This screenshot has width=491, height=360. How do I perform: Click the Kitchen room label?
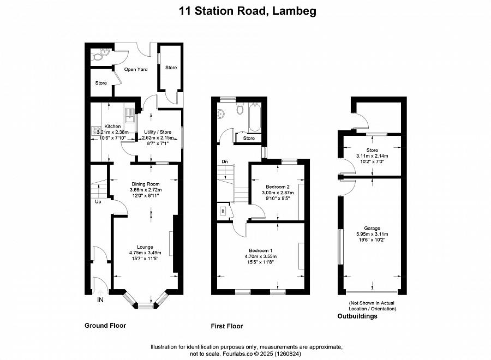click(112, 127)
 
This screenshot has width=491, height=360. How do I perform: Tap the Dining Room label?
click(145, 184)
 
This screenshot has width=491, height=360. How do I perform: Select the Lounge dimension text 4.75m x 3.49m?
click(145, 253)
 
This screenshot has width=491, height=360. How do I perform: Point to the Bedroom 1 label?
click(261, 250)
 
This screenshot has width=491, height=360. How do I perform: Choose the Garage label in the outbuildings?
click(372, 228)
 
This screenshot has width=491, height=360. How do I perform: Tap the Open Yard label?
click(136, 69)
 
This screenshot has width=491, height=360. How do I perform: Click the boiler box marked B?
click(223, 211)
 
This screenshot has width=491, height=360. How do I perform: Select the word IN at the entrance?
click(100, 299)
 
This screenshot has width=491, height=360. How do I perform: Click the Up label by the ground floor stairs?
click(98, 202)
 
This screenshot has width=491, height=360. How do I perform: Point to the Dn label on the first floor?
click(225, 161)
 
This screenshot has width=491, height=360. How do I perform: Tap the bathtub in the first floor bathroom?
click(254, 117)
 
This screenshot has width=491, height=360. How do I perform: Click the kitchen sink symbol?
click(129, 115)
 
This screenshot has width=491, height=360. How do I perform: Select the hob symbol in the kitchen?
click(96, 130)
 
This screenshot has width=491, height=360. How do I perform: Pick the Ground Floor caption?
click(105, 326)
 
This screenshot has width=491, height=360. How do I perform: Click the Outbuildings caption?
click(357, 316)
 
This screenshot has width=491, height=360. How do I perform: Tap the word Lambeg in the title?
click(294, 11)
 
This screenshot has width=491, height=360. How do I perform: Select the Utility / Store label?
click(158, 132)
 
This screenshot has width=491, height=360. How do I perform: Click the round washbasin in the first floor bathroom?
click(221, 114)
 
